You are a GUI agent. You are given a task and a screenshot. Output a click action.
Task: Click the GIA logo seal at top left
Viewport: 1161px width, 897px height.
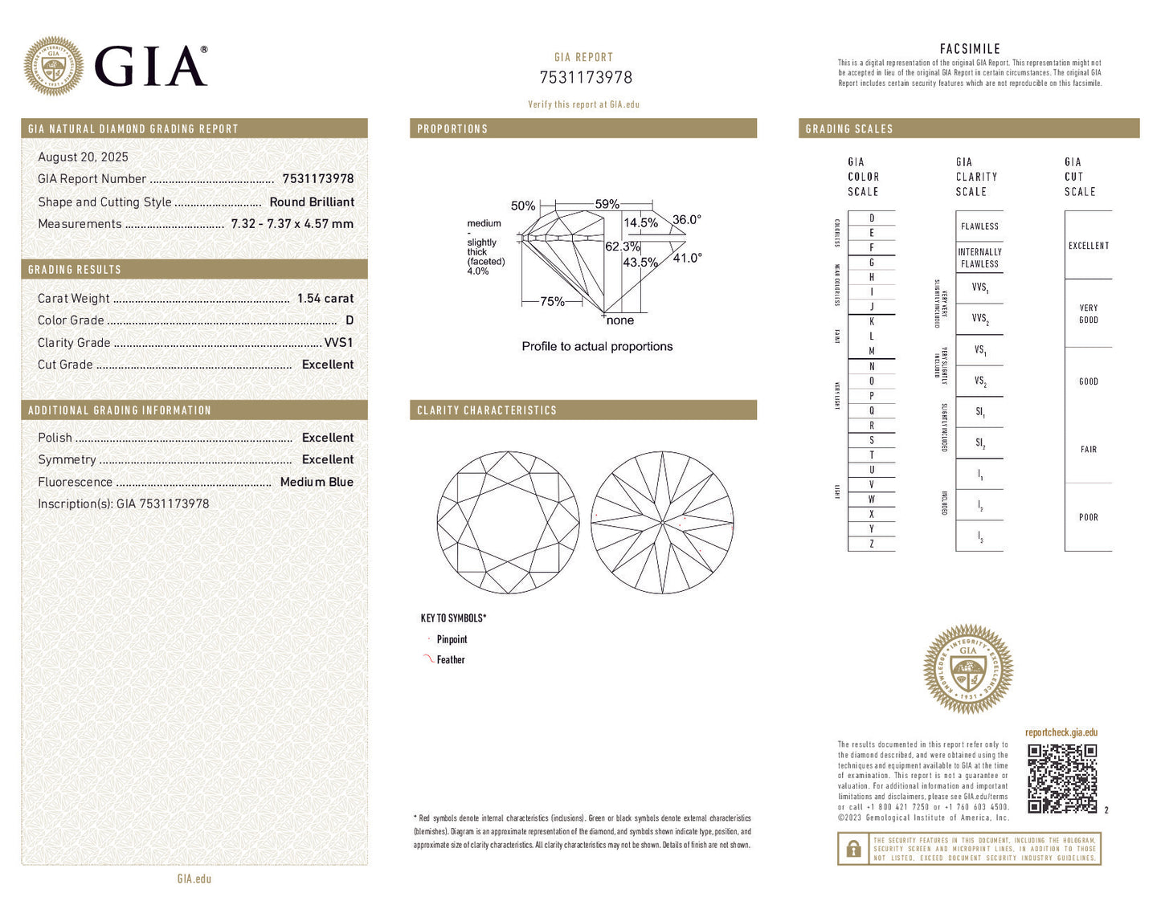click(x=53, y=66)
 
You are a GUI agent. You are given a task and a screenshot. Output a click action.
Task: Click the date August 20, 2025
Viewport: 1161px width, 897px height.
click(x=83, y=157)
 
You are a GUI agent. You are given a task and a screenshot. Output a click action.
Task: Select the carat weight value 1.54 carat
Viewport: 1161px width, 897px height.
click(x=325, y=298)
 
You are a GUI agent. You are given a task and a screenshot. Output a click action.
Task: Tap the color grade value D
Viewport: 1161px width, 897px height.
click(x=349, y=320)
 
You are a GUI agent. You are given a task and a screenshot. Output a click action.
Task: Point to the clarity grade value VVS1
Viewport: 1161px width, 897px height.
click(x=338, y=342)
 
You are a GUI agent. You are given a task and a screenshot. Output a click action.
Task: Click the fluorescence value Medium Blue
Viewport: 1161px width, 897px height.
click(x=317, y=482)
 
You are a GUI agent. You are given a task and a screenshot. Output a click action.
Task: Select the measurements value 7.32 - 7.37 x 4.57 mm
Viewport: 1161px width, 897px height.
click(x=292, y=224)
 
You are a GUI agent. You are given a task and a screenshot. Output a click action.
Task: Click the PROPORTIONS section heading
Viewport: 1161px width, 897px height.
click(x=452, y=128)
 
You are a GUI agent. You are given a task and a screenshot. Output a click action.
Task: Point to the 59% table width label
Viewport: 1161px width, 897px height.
click(x=607, y=204)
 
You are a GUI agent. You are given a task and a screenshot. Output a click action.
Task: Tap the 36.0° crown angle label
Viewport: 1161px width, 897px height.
click(x=687, y=219)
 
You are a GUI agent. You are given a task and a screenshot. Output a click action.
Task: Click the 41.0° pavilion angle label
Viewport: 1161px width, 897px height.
click(x=687, y=258)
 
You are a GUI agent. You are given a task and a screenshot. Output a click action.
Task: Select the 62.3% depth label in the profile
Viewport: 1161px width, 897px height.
click(x=622, y=247)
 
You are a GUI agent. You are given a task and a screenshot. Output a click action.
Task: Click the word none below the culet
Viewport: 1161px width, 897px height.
click(x=619, y=320)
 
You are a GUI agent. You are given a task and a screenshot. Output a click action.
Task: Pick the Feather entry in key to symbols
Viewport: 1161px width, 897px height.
click(x=451, y=660)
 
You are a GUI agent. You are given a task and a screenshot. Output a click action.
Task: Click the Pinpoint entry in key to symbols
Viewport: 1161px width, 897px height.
click(x=452, y=640)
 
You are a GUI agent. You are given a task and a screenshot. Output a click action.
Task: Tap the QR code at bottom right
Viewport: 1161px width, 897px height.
click(x=1062, y=778)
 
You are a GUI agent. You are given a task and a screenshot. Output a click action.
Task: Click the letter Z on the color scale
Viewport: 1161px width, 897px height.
click(x=872, y=544)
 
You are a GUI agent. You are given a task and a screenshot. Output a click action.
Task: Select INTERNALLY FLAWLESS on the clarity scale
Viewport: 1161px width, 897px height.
click(x=979, y=258)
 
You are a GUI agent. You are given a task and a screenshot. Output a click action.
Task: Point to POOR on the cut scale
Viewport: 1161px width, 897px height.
click(x=1088, y=517)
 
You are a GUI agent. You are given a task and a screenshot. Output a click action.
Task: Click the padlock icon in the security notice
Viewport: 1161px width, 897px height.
click(x=853, y=849)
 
